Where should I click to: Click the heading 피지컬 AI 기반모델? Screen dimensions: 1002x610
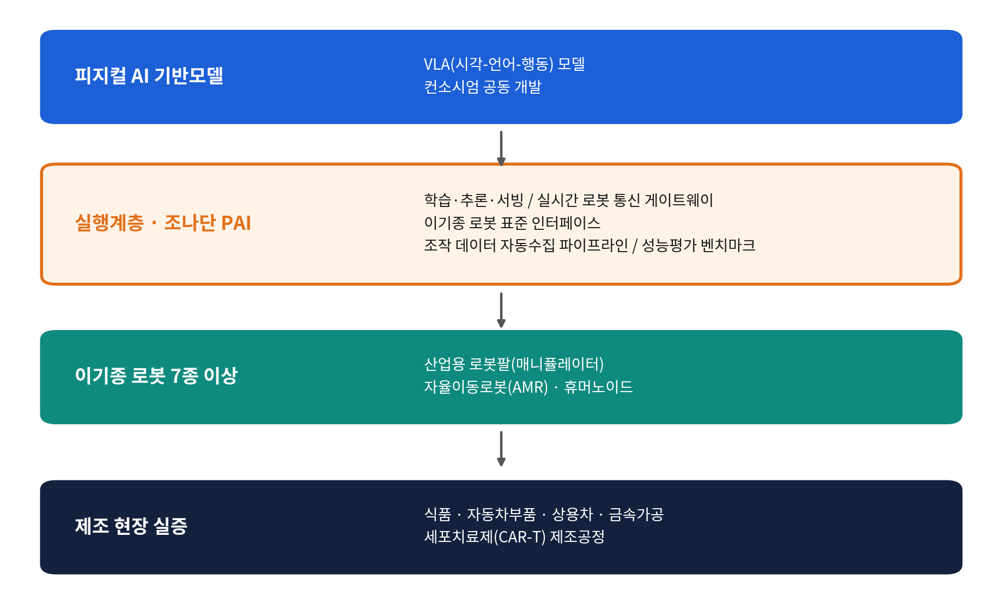149,76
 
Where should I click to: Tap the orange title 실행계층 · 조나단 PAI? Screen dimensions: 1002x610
163,223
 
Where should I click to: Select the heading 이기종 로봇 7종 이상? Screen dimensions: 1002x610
156,375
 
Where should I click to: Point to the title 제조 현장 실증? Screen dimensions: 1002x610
131,526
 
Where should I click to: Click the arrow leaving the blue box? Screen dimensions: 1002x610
501,148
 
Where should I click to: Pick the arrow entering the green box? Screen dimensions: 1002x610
501,310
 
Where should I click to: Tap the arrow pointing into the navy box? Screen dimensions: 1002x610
501,449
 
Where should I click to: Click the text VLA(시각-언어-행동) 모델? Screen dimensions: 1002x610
505,64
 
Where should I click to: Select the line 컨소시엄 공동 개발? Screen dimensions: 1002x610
483,87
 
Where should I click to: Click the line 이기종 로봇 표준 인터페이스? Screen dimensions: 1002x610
512,223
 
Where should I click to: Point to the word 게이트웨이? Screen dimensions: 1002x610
679,200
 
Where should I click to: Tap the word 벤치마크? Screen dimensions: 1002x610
728,245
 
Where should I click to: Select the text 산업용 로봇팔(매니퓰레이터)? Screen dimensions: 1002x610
514,364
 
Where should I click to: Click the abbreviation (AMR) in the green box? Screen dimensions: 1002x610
528,387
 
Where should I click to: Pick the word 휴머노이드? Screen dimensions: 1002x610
598,387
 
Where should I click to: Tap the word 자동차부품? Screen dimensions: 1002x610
501,514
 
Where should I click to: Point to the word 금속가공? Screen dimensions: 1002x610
636,514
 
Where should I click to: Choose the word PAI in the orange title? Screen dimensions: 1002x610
236,223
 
